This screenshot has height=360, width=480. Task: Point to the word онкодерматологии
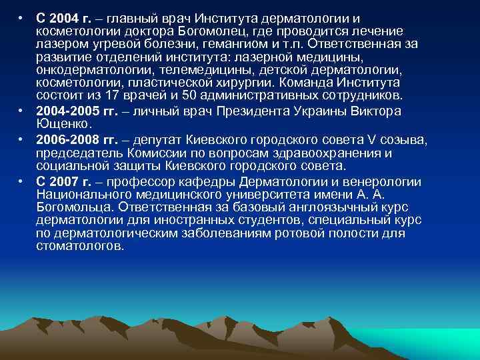83,70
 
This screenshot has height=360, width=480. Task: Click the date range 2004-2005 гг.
72,111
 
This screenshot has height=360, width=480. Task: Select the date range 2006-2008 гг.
72,140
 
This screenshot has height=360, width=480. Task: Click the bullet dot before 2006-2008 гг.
22,140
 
